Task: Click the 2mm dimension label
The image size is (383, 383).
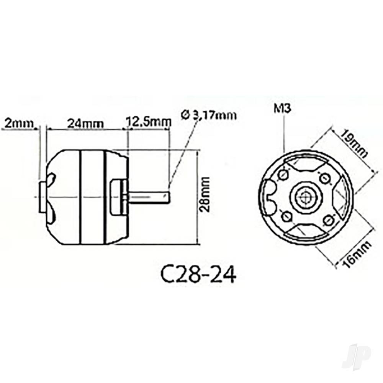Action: [x=18, y=123]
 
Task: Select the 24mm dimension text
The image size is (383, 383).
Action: [x=85, y=123]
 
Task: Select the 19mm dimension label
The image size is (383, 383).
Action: [x=354, y=144]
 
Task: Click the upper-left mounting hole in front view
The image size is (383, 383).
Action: [x=283, y=175]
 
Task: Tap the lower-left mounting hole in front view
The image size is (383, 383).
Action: [x=286, y=217]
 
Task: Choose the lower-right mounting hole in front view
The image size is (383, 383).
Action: [x=327, y=220]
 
